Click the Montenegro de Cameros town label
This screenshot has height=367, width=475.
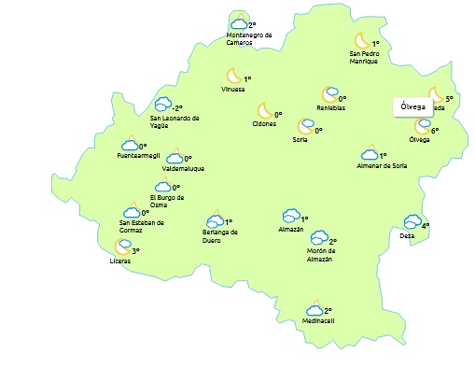[x=249, y=39]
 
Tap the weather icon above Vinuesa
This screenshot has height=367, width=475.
[x=233, y=76]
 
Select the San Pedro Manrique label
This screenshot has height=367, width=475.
[x=363, y=58]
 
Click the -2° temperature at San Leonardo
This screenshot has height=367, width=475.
[x=176, y=107]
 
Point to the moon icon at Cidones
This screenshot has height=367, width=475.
[x=264, y=111]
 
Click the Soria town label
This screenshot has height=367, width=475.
[x=300, y=140]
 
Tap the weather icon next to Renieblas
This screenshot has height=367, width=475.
[x=328, y=94]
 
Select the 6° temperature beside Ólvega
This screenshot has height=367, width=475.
[x=435, y=131]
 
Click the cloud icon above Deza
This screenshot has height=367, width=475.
[x=412, y=222]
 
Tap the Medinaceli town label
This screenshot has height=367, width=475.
[x=317, y=321]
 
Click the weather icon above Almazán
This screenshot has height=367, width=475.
[x=290, y=217]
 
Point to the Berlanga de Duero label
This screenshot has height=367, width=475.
[x=220, y=235]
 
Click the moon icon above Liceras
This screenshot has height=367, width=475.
[x=121, y=247]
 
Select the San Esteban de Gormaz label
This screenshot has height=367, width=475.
[x=142, y=226]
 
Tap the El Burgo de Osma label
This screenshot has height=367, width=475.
[x=167, y=201]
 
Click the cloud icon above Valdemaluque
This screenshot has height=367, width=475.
[x=174, y=158]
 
